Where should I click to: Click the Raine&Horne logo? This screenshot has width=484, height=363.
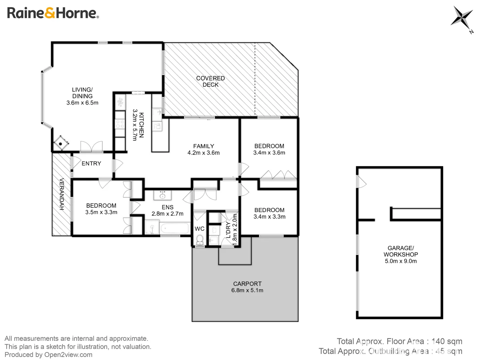pyautogui.click(x=53, y=13)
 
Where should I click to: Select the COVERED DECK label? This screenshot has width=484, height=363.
pyautogui.click(x=210, y=81)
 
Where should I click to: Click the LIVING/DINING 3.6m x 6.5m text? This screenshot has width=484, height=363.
pyautogui.click(x=82, y=96)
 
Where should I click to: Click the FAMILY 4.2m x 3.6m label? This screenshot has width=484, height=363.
pyautogui.click(x=203, y=150)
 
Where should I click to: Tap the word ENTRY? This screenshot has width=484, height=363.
pyautogui.click(x=91, y=163)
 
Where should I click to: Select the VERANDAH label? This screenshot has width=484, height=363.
pyautogui.click(x=62, y=194)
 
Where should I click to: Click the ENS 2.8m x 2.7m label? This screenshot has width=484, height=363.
pyautogui.click(x=167, y=210)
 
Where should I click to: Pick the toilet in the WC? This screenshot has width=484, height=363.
pyautogui.click(x=200, y=240)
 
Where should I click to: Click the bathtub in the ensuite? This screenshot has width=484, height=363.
pyautogui.click(x=175, y=228)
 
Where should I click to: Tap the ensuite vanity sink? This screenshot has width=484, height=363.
pyautogui.click(x=162, y=195)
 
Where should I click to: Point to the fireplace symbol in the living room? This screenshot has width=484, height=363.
pyautogui.click(x=61, y=144)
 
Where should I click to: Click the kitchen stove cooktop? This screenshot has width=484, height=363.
pyautogui.click(x=120, y=123)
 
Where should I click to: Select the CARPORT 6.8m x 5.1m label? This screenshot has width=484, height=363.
pyautogui.click(x=247, y=287)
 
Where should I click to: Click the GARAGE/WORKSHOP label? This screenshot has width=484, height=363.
pyautogui.click(x=401, y=251)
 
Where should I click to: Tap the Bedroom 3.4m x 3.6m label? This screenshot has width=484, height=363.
pyautogui.click(x=269, y=149)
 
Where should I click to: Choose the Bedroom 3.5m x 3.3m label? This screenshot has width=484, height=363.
pyautogui.click(x=101, y=209)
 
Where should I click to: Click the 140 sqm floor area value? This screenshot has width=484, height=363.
pyautogui.click(x=447, y=341)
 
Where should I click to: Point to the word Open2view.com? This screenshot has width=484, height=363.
pyautogui.click(x=68, y=355)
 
